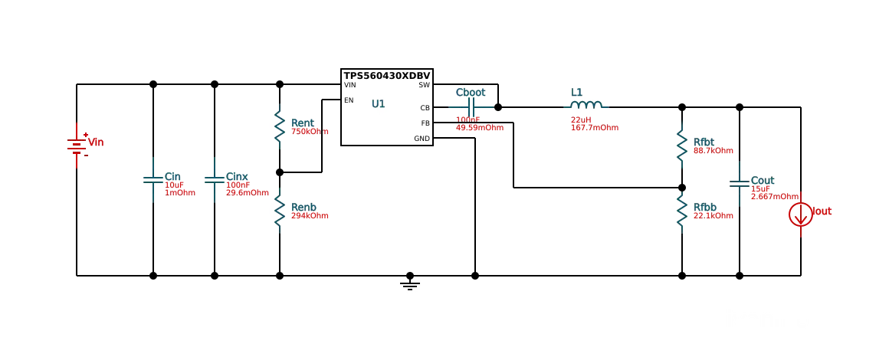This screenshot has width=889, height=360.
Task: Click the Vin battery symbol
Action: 77,145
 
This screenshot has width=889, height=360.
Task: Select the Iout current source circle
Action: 801,214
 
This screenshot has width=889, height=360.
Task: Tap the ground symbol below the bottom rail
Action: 410,284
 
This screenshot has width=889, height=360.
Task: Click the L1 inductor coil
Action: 586,105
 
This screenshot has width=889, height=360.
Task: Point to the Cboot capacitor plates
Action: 471,107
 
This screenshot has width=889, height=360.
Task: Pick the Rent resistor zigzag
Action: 280,126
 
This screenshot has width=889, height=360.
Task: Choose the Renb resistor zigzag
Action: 280,211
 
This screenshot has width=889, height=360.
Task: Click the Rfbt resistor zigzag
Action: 682,146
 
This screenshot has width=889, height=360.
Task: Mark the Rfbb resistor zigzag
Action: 682,211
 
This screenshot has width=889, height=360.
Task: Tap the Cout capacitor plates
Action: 740,183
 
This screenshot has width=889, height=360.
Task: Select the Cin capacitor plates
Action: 153,180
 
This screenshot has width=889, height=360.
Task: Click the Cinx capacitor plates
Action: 215,180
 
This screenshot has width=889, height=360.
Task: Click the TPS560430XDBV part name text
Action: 387,76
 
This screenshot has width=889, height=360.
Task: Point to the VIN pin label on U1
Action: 349,85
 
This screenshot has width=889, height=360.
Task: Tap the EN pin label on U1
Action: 349,100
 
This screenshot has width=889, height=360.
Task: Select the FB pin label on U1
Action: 425,123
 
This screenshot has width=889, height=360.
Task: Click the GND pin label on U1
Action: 422,139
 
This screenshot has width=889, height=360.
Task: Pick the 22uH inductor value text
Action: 581,119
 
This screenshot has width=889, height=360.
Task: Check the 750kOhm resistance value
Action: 310,132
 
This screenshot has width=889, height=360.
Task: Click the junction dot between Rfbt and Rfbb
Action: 682,188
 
